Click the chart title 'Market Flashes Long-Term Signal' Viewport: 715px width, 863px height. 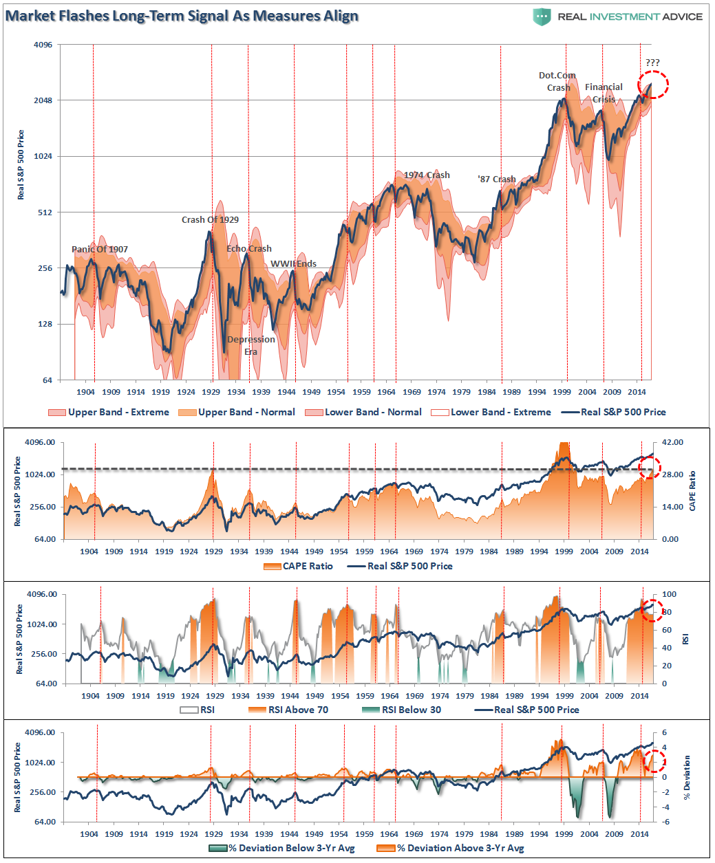182,16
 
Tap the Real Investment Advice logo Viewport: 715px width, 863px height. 618,17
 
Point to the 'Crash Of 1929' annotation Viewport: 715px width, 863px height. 210,219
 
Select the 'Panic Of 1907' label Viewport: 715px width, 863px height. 100,249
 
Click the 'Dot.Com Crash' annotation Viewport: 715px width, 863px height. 557,81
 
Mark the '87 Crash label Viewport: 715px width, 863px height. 497,179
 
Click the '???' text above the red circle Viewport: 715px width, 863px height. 652,63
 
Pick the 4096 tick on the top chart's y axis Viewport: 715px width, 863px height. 43,45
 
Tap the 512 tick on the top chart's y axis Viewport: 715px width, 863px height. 45,212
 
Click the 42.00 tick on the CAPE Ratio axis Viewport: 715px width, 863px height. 672,442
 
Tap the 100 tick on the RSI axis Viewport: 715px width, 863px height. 669,594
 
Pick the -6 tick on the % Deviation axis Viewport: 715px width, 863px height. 666,822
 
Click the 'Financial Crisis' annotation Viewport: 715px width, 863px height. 604,93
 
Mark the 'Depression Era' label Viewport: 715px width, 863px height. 251,345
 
